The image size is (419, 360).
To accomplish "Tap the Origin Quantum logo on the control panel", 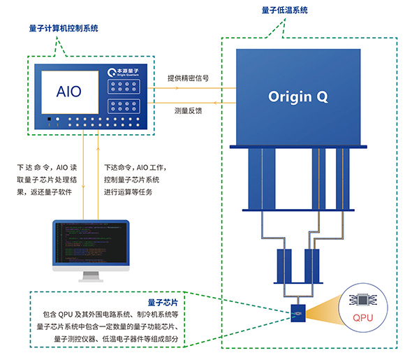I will click(x=126, y=73).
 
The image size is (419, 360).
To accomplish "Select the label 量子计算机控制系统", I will click(x=64, y=29).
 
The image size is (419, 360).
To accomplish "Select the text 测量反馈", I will click(x=189, y=111).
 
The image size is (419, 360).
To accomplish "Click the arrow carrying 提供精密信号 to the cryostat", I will click(x=203, y=88).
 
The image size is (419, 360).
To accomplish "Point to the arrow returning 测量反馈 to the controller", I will click(x=203, y=103).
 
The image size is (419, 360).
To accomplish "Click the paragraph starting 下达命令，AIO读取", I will click(x=46, y=180).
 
